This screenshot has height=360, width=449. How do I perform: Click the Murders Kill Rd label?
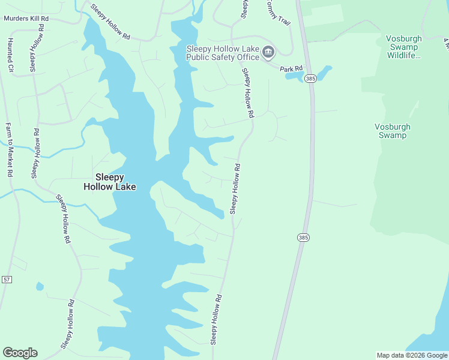(x=26, y=19)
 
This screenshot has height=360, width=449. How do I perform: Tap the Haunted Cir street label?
(x=10, y=55)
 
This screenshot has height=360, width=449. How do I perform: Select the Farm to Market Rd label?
(x=9, y=149)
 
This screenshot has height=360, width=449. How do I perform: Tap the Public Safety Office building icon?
(x=268, y=53)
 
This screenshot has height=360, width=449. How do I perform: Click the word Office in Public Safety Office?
(x=248, y=58)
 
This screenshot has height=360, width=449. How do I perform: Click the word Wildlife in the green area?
(x=404, y=56)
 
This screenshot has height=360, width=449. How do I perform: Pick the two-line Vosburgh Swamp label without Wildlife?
(x=391, y=131)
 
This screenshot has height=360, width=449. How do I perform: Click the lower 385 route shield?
(x=303, y=238)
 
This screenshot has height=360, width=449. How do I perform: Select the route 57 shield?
(x=7, y=280)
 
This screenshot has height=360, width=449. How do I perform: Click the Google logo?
(x=20, y=353)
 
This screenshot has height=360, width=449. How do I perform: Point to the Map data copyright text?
(x=412, y=355)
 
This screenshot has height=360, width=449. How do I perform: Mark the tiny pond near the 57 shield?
(x=40, y=286)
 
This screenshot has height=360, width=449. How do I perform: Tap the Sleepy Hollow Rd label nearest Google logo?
(x=67, y=324)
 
